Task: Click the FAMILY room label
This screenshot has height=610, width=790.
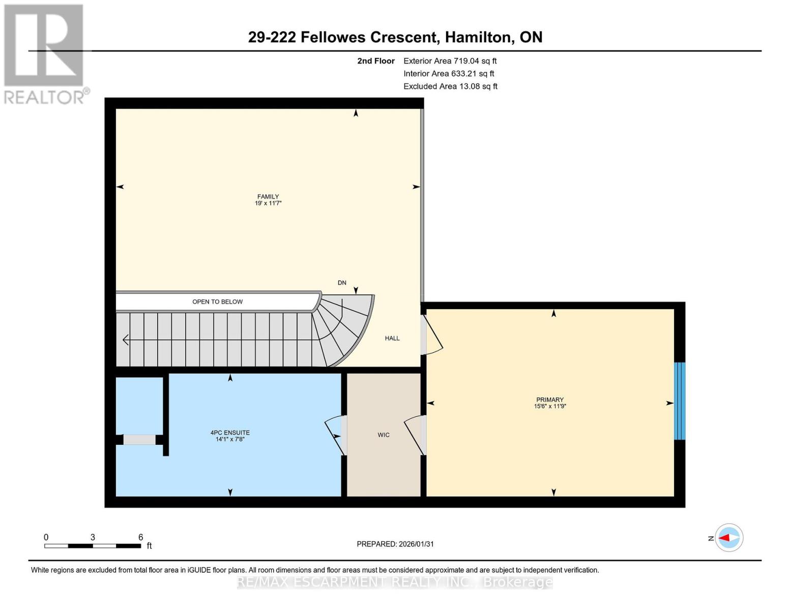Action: tap(268, 200)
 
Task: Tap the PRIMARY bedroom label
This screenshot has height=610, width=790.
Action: tap(549, 403)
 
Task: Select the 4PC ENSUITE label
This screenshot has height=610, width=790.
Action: tap(230, 436)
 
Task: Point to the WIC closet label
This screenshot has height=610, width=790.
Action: tap(384, 435)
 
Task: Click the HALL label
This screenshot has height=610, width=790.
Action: tap(392, 338)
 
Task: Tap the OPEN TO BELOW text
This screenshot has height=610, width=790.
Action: tap(217, 301)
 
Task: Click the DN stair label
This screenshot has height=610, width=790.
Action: tap(342, 283)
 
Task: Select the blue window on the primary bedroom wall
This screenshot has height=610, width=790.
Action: tap(679, 401)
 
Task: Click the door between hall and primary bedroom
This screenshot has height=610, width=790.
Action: tap(432, 335)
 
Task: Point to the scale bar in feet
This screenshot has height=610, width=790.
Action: tap(93, 545)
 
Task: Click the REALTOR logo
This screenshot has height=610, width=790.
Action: tap(44, 53)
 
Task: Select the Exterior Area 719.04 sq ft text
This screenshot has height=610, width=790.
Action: tap(450, 61)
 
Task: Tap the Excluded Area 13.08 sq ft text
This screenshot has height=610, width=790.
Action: tap(450, 86)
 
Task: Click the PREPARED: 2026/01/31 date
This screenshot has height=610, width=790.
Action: tap(395, 544)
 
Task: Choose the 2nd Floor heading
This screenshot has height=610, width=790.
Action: tap(375, 61)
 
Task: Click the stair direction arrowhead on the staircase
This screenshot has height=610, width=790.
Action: tap(125, 339)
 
